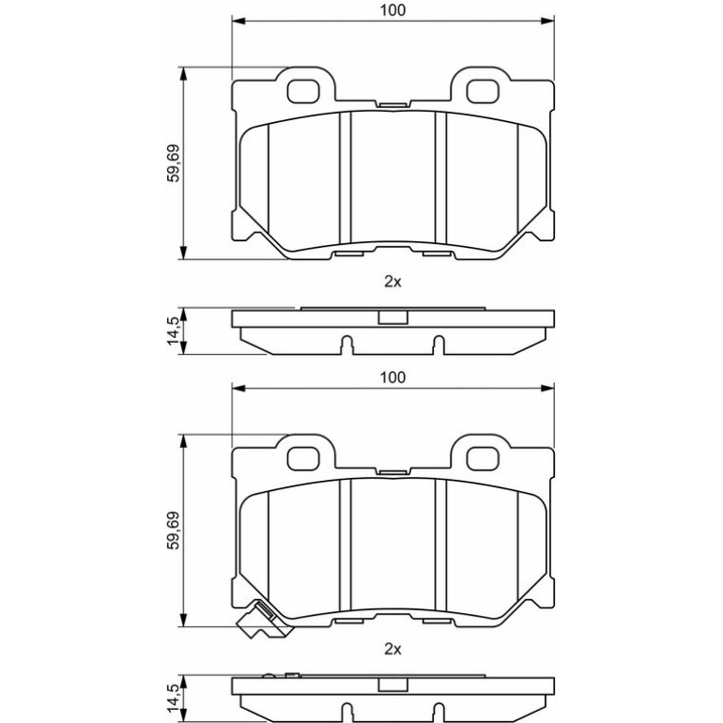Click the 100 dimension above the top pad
click(x=392, y=10)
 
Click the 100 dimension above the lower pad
click(x=392, y=377)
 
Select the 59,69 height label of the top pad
click(x=174, y=163)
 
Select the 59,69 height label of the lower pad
click(x=174, y=531)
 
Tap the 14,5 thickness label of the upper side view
click(x=174, y=331)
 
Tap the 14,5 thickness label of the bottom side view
click(x=174, y=698)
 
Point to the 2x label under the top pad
click(x=392, y=282)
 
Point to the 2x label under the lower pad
click(x=392, y=649)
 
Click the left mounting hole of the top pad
click(x=303, y=91)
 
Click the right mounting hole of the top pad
click(x=483, y=91)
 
